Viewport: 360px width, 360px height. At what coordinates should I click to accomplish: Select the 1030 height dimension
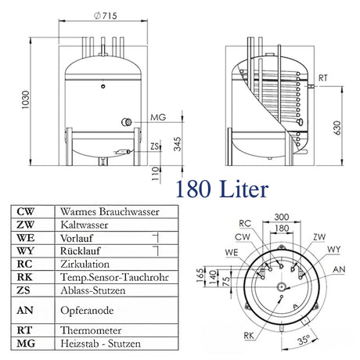pos(9,99)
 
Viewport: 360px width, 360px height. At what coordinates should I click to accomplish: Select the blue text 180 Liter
pos(223,189)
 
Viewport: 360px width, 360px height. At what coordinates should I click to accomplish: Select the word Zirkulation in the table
pos(84,264)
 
